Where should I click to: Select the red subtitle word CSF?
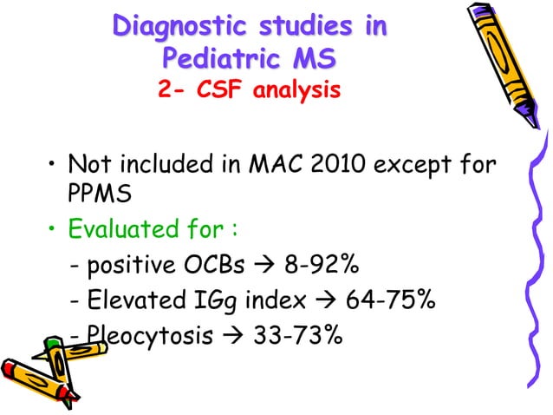click(225, 89)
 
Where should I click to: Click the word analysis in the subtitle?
click(296, 89)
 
